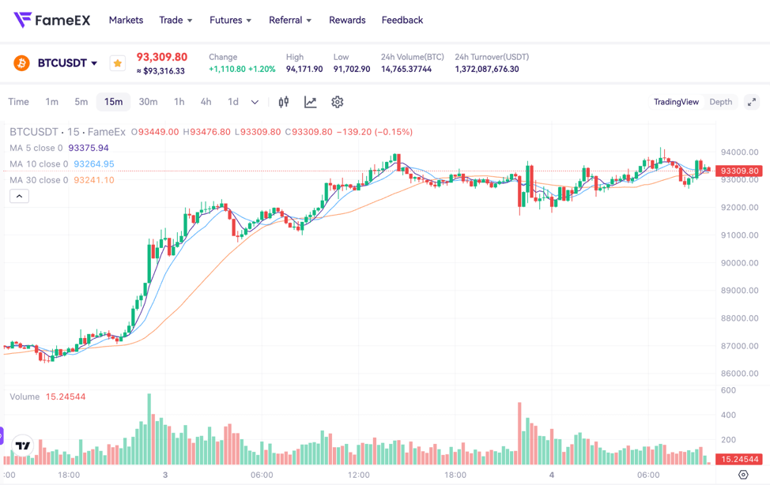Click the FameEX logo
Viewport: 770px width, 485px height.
point(52,20)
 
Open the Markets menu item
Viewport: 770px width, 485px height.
point(126,20)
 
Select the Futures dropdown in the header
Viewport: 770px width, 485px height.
point(230,20)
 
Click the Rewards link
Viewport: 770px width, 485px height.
point(347,20)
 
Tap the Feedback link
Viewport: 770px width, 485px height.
point(402,20)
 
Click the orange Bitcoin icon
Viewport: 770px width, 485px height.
point(21,63)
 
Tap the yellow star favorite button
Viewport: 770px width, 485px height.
point(118,63)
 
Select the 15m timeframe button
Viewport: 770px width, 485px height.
point(113,102)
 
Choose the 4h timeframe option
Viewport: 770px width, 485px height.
point(206,102)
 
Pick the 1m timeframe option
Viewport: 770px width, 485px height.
point(51,102)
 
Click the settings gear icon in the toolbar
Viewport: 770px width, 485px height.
point(338,102)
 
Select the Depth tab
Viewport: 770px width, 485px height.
point(720,102)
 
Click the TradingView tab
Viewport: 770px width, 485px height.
point(676,102)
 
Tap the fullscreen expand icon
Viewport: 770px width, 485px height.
point(752,102)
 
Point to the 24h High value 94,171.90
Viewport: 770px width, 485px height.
point(304,70)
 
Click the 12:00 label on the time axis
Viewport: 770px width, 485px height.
point(359,475)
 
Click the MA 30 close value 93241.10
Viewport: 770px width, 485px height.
point(94,180)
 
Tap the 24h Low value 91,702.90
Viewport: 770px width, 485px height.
point(352,70)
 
